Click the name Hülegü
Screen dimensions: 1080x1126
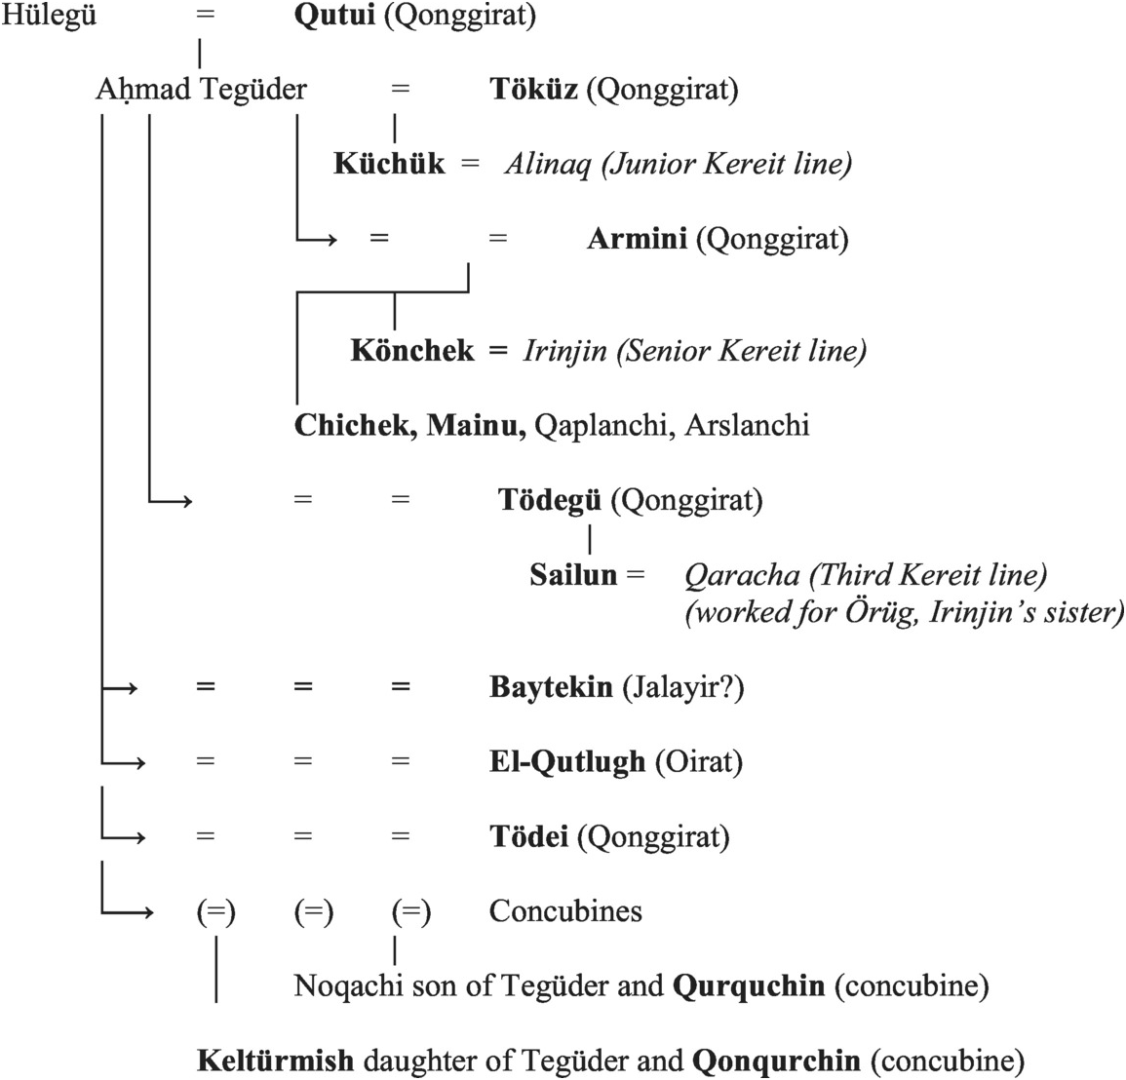(50, 17)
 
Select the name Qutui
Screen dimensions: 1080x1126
(334, 17)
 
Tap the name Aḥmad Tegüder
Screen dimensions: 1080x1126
(201, 90)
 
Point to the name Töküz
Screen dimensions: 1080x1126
(533, 90)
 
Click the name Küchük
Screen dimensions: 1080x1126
(388, 164)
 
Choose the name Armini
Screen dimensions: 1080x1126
(637, 239)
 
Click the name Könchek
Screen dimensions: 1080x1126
(412, 351)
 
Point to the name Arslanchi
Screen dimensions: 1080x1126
(747, 426)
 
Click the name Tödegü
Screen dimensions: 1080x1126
(549, 500)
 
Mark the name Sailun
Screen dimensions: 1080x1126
(573, 575)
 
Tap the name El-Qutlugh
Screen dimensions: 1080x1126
(566, 762)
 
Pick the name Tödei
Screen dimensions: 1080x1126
(528, 837)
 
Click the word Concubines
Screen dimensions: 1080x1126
(565, 911)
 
